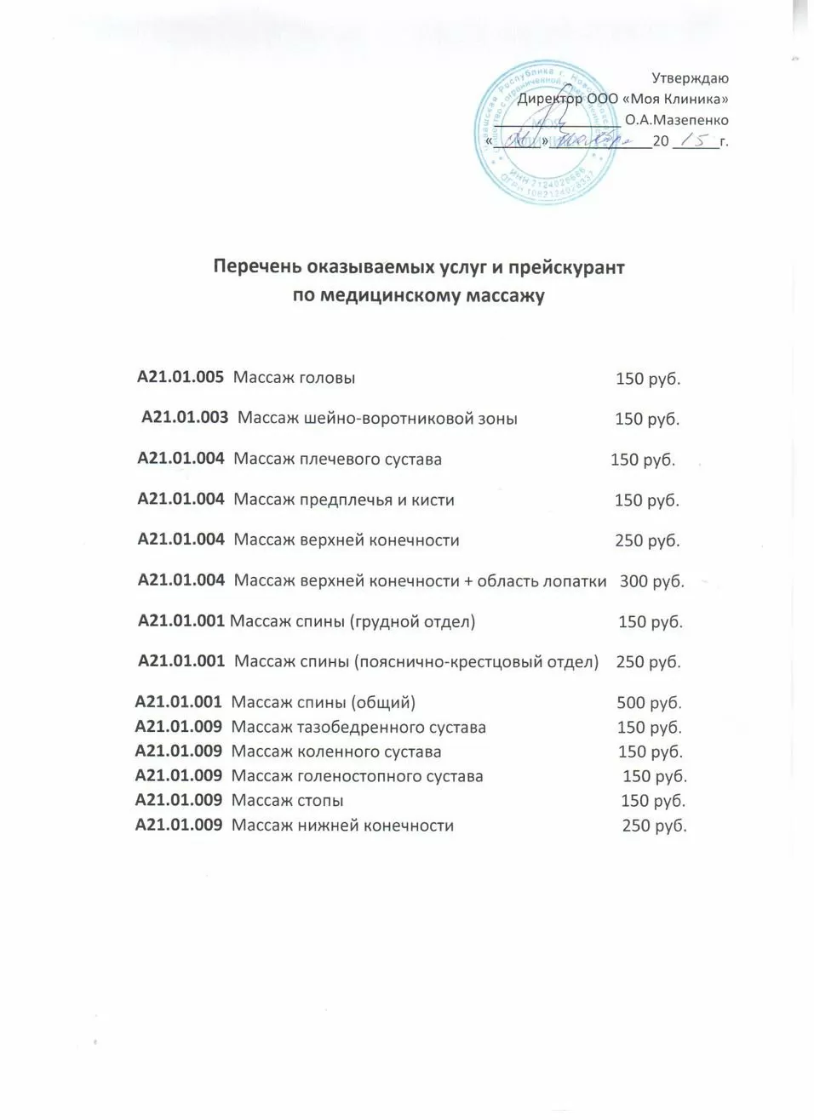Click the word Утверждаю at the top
pyautogui.click(x=690, y=78)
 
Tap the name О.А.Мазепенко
pyautogui.click(x=676, y=120)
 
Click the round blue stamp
pyautogui.click(x=546, y=133)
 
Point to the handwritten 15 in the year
pyautogui.click(x=696, y=140)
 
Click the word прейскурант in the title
pyautogui.click(x=566, y=267)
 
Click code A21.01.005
pyautogui.click(x=181, y=377)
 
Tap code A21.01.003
pyautogui.click(x=185, y=418)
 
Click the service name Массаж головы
pyautogui.click(x=295, y=378)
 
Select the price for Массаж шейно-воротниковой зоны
pyautogui.click(x=647, y=419)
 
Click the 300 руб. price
pyautogui.click(x=651, y=581)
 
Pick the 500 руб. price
pyautogui.click(x=649, y=703)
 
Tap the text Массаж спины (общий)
pyautogui.click(x=324, y=703)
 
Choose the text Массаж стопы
pyautogui.click(x=288, y=801)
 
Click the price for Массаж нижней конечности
pyautogui.click(x=654, y=826)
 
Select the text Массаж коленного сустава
pyautogui.click(x=336, y=752)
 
